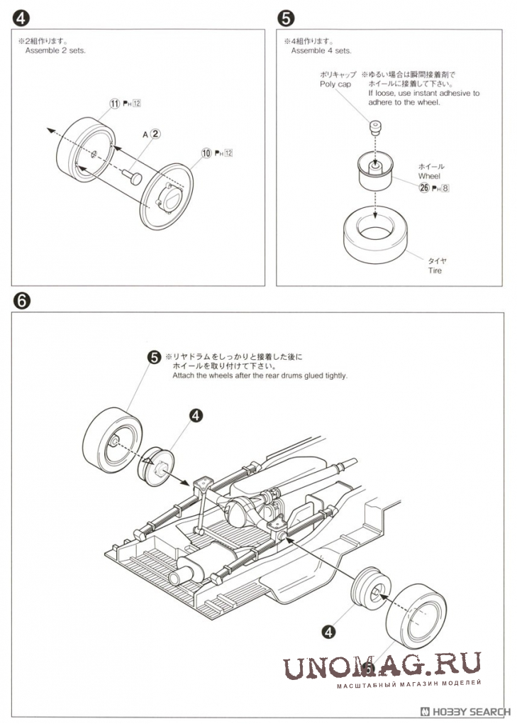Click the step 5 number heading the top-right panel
point(284,16)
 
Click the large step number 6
point(21,300)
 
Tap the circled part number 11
point(114,104)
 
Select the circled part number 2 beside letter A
point(156,133)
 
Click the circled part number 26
point(424,187)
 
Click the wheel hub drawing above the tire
point(375,172)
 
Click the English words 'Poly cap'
point(335,84)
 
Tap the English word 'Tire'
point(435,270)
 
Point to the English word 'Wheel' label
point(429,176)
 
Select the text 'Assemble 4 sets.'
point(321,50)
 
